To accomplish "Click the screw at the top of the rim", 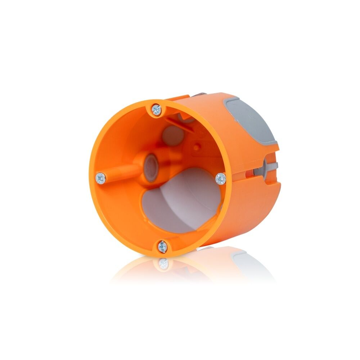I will point(156,109).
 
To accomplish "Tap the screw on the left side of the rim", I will point(100,177).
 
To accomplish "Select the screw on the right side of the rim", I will point(220,178).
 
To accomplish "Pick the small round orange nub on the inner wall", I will point(198,147).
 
